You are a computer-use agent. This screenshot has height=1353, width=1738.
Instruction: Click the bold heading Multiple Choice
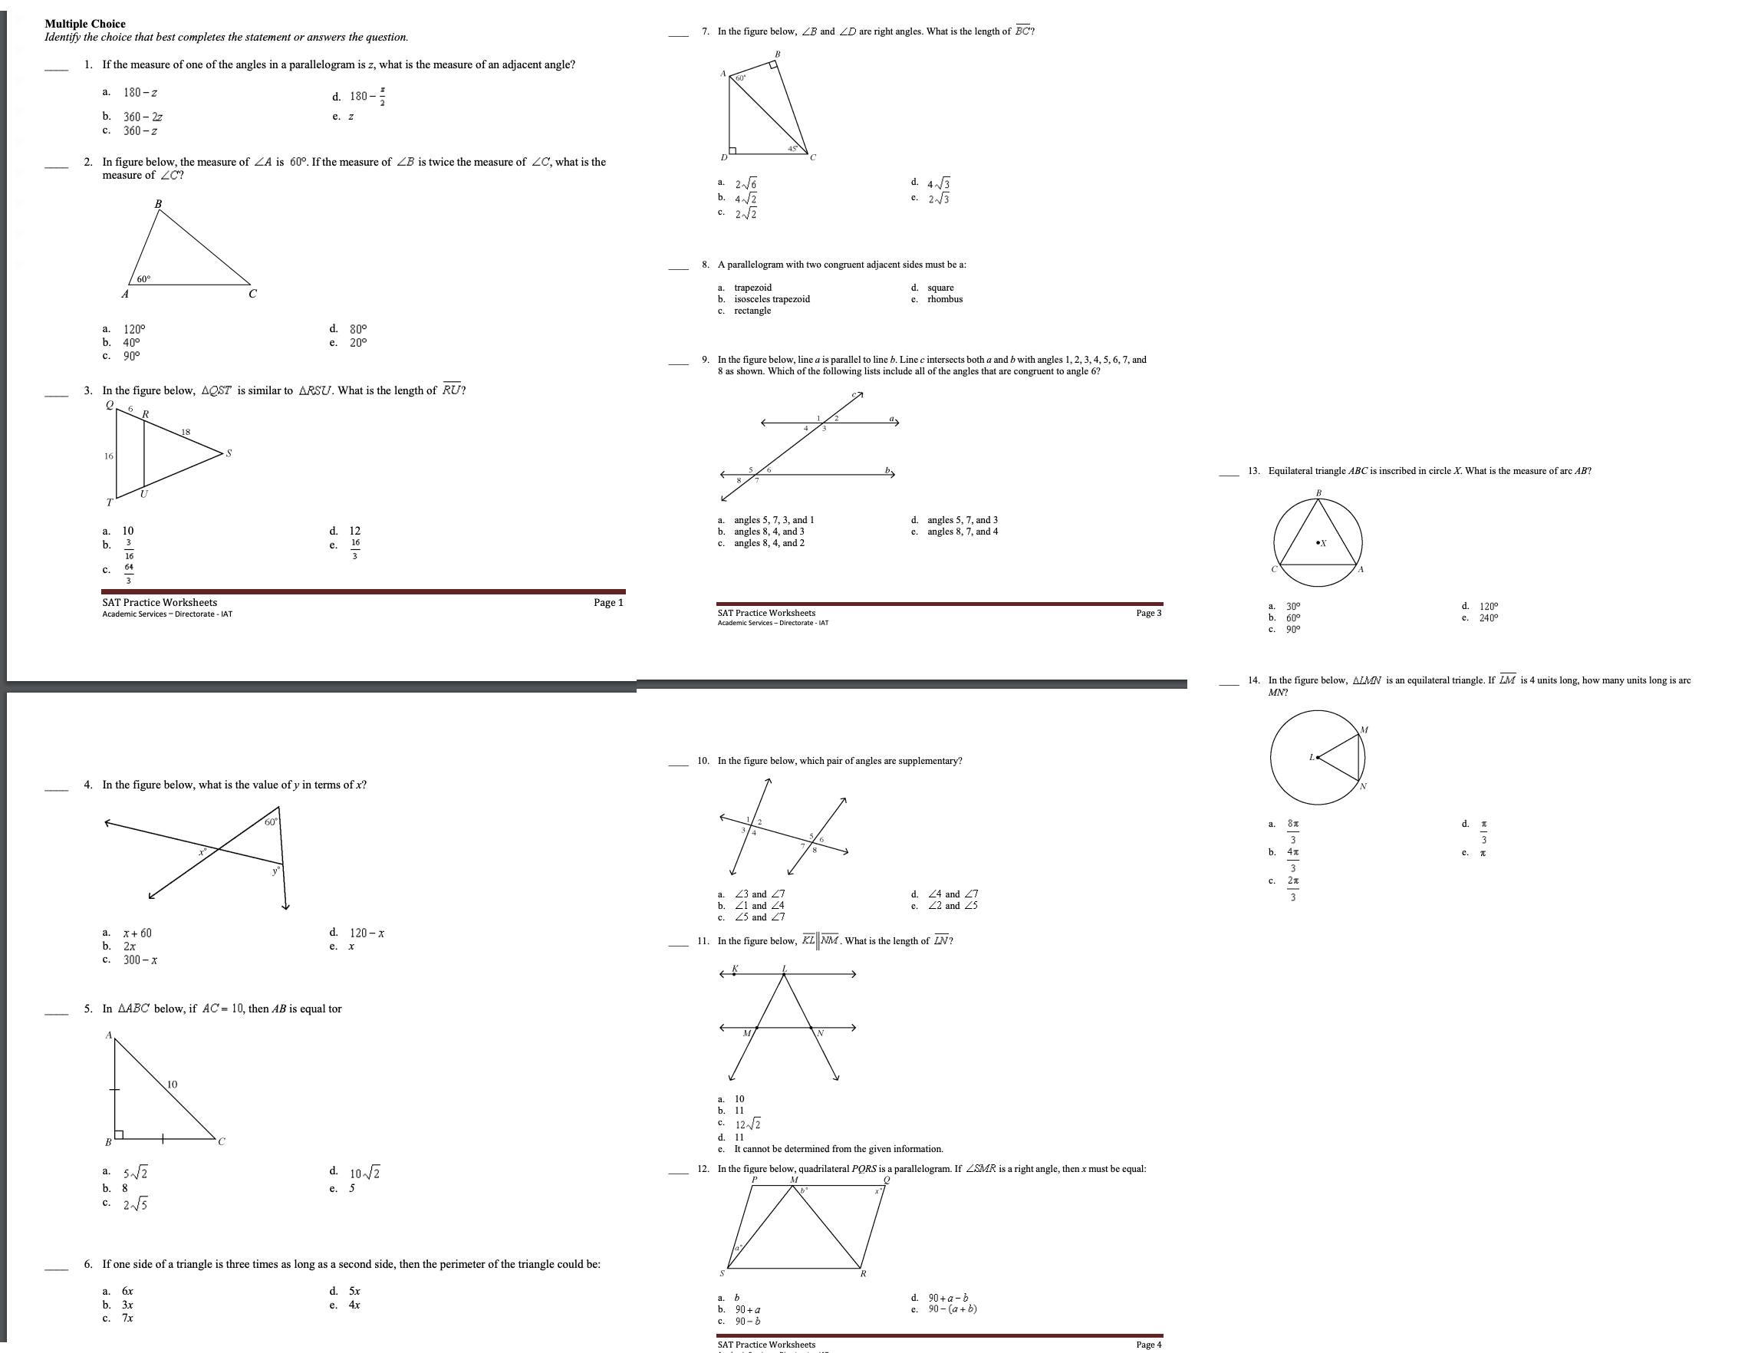coord(85,24)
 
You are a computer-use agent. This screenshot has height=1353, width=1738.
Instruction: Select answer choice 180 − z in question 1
coord(140,93)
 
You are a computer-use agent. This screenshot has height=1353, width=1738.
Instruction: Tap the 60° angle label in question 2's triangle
coord(143,279)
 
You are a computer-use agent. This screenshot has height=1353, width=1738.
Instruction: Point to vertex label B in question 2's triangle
coord(157,205)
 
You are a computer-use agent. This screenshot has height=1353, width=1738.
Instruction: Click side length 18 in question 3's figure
coord(186,432)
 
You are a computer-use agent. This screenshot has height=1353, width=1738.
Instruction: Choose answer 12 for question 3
coord(355,531)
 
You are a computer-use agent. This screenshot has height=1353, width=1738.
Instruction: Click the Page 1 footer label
coord(608,602)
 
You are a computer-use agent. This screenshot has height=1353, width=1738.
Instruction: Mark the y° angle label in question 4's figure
coord(276,871)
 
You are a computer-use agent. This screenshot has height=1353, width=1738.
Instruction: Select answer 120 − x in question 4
coord(367,933)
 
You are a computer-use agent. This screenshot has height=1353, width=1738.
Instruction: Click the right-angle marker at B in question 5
coord(119,1134)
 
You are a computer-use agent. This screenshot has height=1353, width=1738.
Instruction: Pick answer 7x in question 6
coord(127,1318)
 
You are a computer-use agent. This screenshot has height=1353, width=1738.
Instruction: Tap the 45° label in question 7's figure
coord(792,148)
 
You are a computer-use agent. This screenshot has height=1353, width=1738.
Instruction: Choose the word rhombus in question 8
coord(945,299)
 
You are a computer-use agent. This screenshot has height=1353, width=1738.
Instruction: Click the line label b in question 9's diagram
coord(887,470)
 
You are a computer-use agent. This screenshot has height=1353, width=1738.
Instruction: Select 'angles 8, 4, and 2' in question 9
coord(769,544)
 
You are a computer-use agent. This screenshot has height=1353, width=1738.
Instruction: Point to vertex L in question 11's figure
coord(784,969)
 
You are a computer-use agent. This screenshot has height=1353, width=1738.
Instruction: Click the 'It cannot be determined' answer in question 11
coord(838,1148)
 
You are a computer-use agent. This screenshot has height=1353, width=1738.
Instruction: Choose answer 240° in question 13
coord(1488,618)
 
